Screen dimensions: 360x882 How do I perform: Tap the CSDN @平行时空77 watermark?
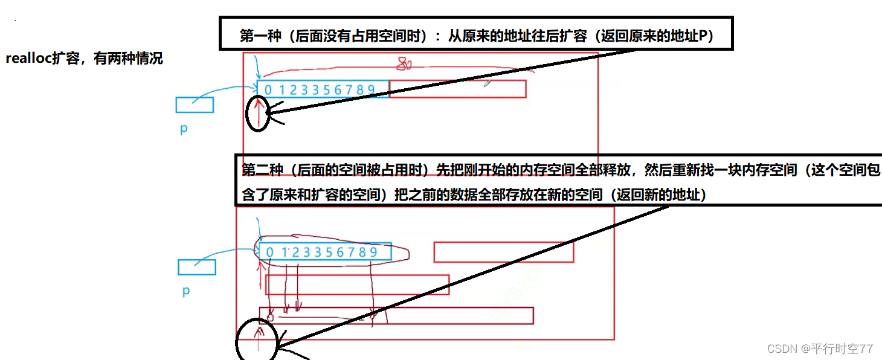point(820,349)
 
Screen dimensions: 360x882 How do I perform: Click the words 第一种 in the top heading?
point(260,36)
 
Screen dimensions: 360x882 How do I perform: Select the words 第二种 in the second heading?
point(262,170)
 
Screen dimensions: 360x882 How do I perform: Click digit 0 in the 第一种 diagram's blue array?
point(268,90)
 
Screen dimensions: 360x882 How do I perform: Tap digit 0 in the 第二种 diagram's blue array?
point(270,252)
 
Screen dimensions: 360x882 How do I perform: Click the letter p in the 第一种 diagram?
point(184,129)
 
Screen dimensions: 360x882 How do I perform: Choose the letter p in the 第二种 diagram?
point(185,291)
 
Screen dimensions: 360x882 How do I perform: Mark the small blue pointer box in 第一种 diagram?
point(195,105)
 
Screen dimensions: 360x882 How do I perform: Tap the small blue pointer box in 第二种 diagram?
point(197,267)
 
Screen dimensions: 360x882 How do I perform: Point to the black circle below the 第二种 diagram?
point(256,342)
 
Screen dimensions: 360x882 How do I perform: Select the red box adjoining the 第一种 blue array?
point(457,89)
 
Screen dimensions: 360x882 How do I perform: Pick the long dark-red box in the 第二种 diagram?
point(396,315)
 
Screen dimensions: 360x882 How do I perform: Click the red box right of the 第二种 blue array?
point(503,252)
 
